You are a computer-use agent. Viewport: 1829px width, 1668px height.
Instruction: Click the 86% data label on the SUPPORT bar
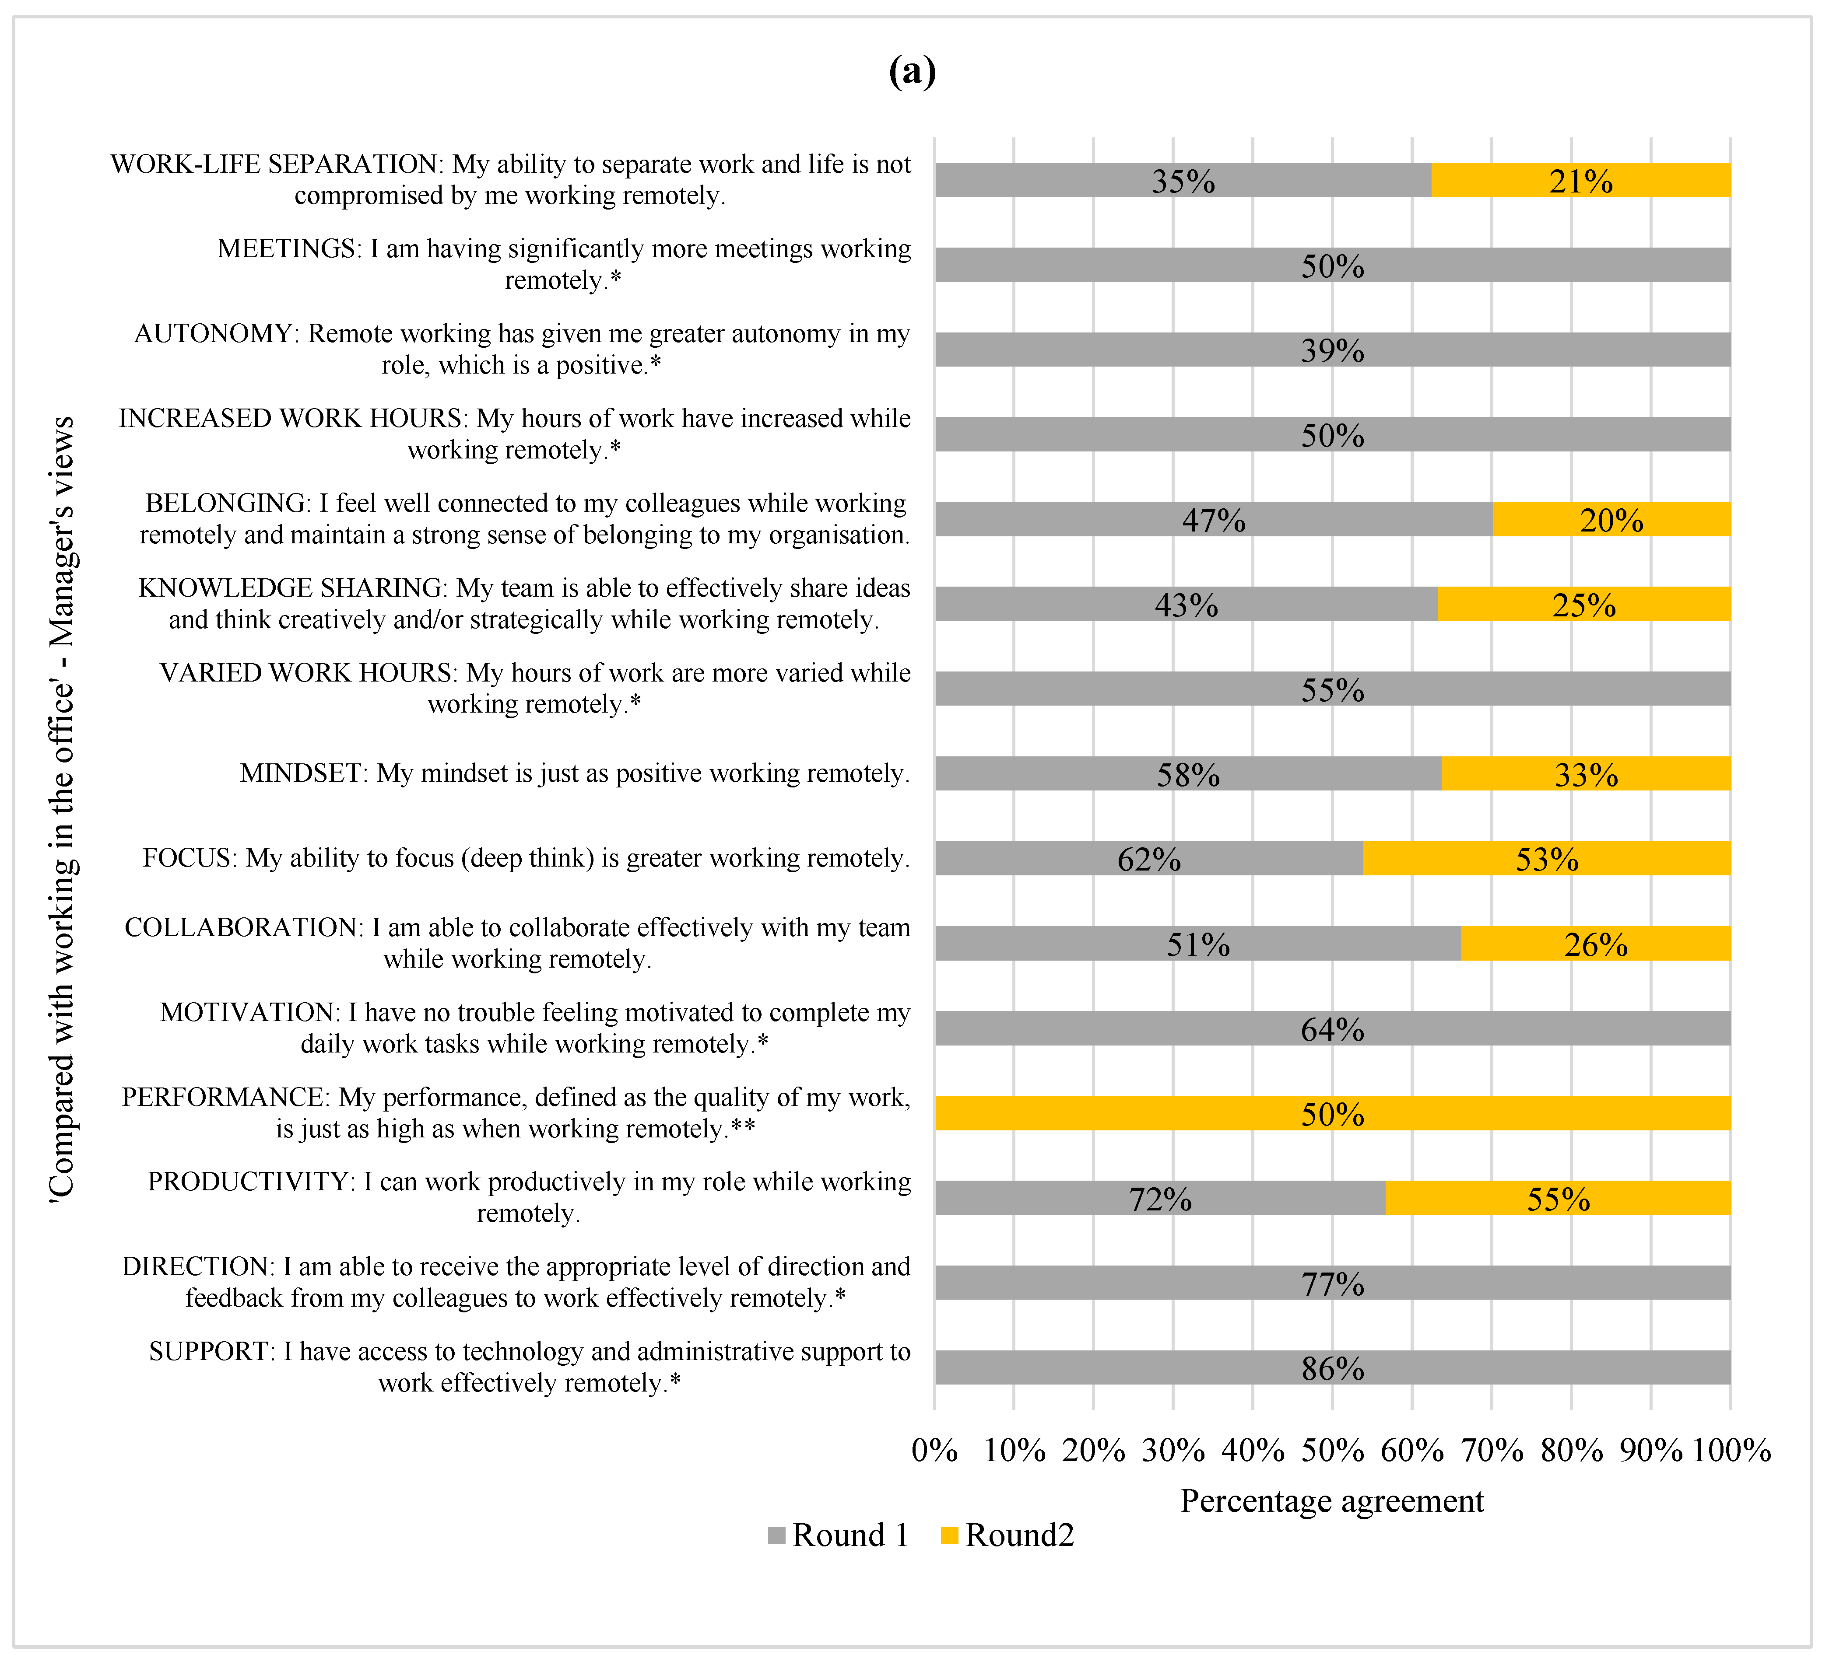pyautogui.click(x=1332, y=1368)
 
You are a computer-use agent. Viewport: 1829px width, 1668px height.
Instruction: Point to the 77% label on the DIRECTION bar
pyautogui.click(x=1332, y=1283)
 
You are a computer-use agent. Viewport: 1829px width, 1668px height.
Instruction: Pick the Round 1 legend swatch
pyautogui.click(x=776, y=1535)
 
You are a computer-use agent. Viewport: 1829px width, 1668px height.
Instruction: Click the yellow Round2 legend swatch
pyautogui.click(x=949, y=1535)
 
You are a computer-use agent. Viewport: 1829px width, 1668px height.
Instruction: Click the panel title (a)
pyautogui.click(x=912, y=71)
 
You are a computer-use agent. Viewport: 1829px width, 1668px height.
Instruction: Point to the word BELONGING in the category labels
pyautogui.click(x=227, y=504)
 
